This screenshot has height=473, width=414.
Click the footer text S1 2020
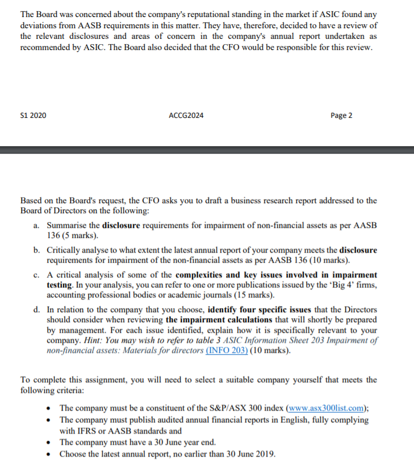pos(33,115)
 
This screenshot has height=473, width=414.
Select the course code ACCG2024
pos(186,115)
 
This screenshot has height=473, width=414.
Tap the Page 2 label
pos(342,115)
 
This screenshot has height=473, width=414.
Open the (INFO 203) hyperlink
pos(226,350)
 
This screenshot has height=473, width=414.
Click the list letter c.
pos(37,274)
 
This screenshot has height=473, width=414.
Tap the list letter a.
pos(37,226)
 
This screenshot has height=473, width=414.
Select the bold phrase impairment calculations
pos(219,320)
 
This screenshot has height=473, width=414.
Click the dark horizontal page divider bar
pos(207,151)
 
